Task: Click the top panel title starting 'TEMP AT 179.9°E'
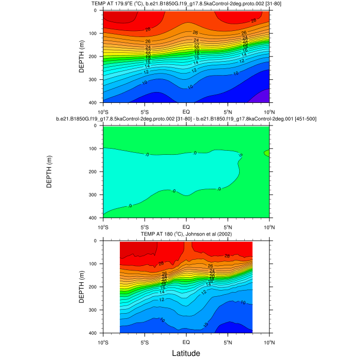point(186,4)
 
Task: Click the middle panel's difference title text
point(186,119)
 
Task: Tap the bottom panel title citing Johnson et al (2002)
point(186,235)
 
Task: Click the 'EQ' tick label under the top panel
point(186,111)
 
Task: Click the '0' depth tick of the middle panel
point(98,125)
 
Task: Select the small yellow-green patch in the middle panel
point(266,153)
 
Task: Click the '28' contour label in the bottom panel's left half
point(161,263)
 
